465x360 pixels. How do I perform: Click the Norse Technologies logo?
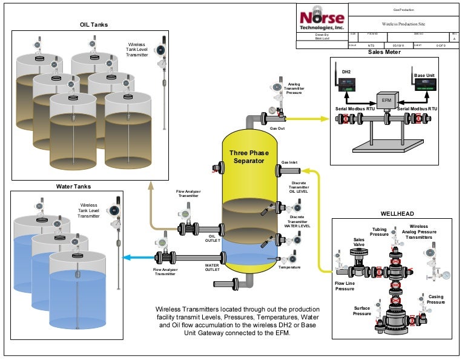pyautogui.click(x=322, y=19)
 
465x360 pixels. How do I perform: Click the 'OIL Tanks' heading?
pyautogui.click(x=93, y=24)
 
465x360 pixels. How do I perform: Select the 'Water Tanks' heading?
pyautogui.click(x=73, y=187)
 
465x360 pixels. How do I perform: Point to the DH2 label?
pyautogui.click(x=346, y=72)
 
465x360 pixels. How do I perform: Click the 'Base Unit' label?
pyautogui.click(x=423, y=75)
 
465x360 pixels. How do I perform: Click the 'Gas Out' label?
pyautogui.click(x=277, y=128)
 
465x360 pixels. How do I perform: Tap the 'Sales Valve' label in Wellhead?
pyautogui.click(x=359, y=242)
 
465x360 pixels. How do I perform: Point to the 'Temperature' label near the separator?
pyautogui.click(x=289, y=267)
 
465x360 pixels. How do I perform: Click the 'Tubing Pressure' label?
pyautogui.click(x=380, y=232)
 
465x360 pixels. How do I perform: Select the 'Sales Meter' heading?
pyautogui.click(x=384, y=52)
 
